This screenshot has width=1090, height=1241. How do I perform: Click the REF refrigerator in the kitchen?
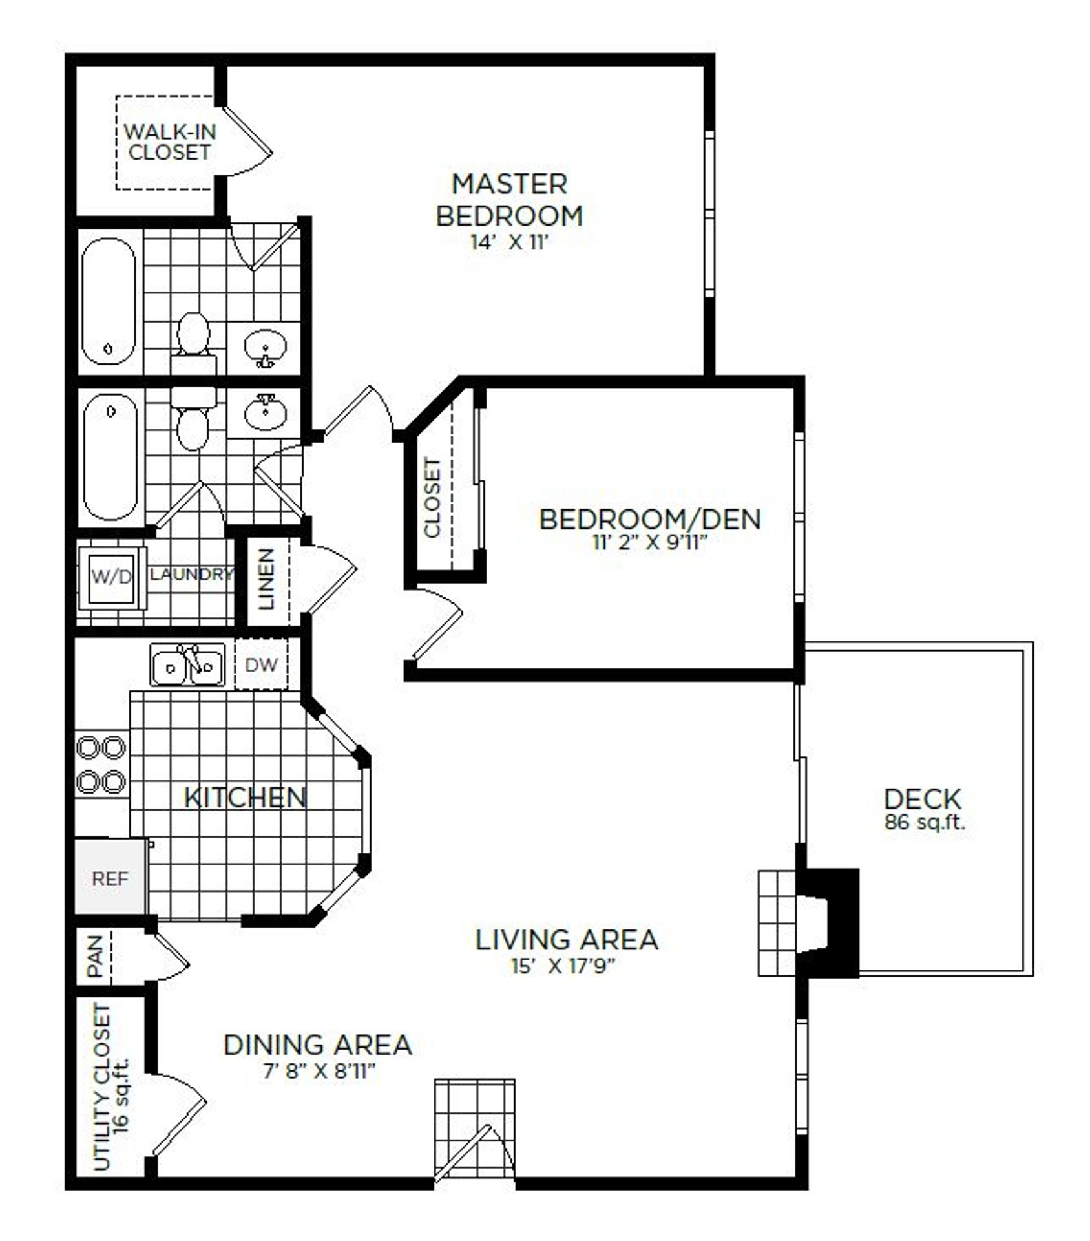[110, 877]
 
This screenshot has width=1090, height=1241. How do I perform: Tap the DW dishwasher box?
[262, 664]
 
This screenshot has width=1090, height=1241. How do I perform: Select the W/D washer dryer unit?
[111, 577]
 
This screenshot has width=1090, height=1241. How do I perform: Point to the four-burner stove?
[101, 764]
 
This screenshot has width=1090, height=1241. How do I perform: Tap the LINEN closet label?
[266, 579]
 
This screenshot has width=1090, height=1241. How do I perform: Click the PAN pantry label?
[95, 957]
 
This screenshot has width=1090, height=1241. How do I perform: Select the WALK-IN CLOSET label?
[169, 142]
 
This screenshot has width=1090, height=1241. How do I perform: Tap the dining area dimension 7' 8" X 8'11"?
[319, 1072]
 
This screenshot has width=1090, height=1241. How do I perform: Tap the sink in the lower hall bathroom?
[264, 412]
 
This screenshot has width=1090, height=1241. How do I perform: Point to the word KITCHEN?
[245, 797]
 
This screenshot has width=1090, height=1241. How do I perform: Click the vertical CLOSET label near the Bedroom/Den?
[432, 498]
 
